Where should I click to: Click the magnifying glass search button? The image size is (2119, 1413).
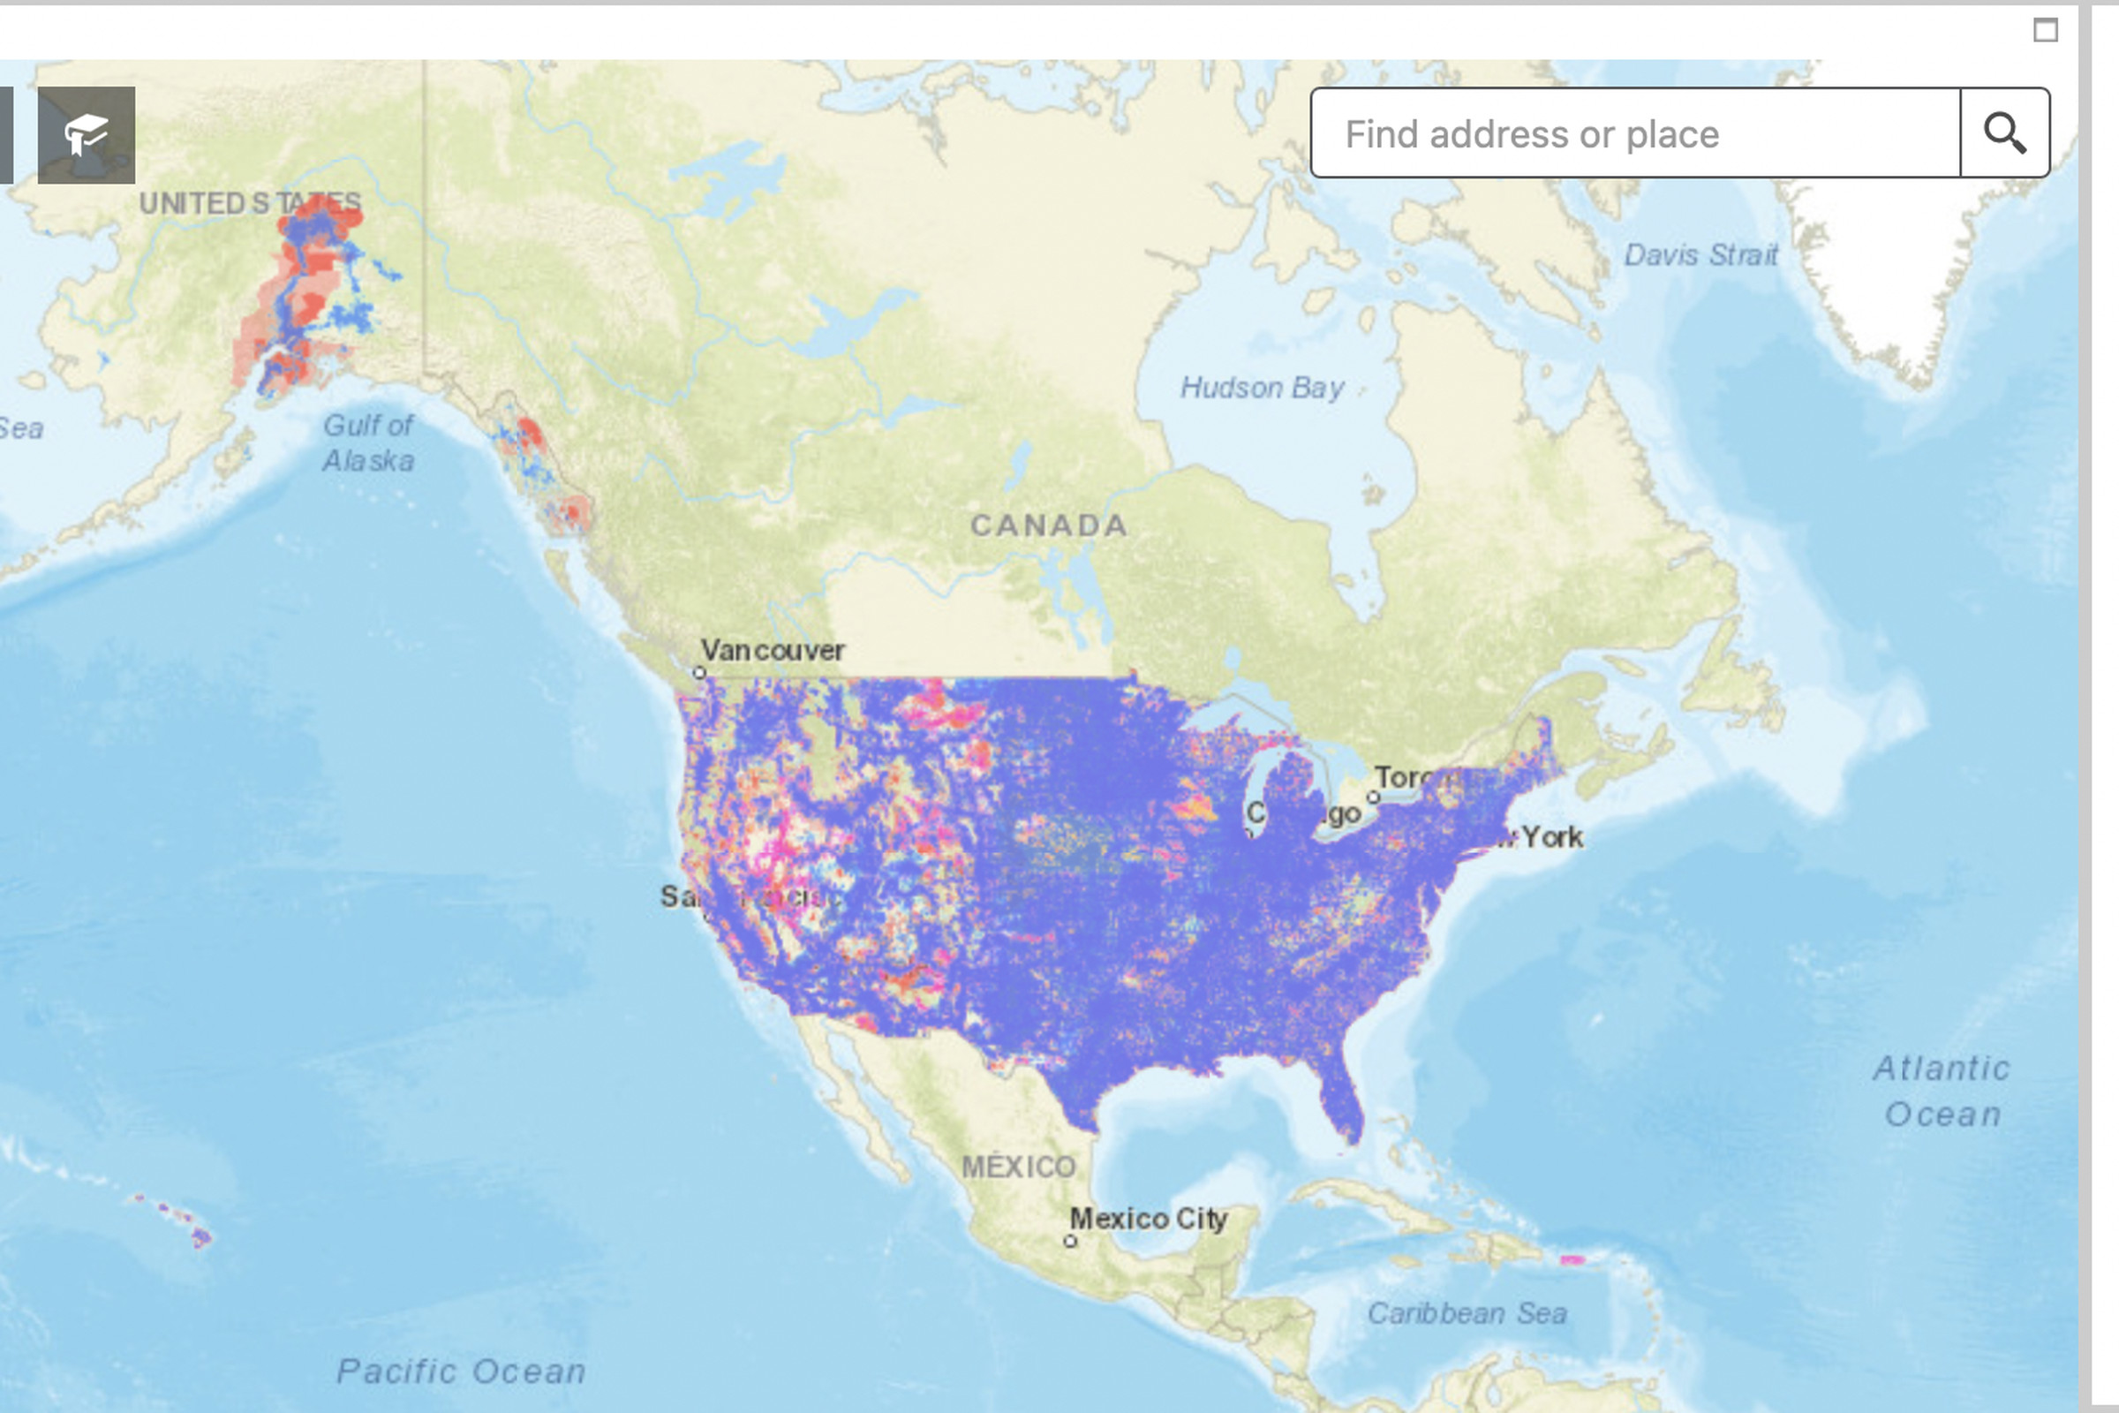point(2004,133)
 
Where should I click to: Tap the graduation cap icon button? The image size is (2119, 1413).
point(87,135)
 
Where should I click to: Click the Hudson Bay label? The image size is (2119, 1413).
point(1262,388)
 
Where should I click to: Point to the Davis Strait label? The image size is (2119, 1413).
point(1701,255)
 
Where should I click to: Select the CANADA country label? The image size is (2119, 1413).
point(1049,525)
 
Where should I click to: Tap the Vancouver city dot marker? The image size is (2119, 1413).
point(699,672)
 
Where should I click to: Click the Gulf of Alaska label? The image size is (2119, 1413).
point(368,442)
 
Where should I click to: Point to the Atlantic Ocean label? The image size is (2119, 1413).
point(1942,1092)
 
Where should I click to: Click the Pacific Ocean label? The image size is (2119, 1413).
point(461,1371)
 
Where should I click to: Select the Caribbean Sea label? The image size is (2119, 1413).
point(1467,1314)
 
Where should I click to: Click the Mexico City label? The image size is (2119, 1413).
point(1149,1219)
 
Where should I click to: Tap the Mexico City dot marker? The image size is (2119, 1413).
point(1070,1241)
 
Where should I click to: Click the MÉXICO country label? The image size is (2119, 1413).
point(1019,1167)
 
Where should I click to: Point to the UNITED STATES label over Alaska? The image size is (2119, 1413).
point(251,204)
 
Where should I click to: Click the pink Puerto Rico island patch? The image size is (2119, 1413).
point(1572,1260)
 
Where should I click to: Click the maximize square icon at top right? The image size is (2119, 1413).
point(2046,31)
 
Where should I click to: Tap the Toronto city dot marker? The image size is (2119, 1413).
point(1373,797)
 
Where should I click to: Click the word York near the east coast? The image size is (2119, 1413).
point(1553,837)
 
